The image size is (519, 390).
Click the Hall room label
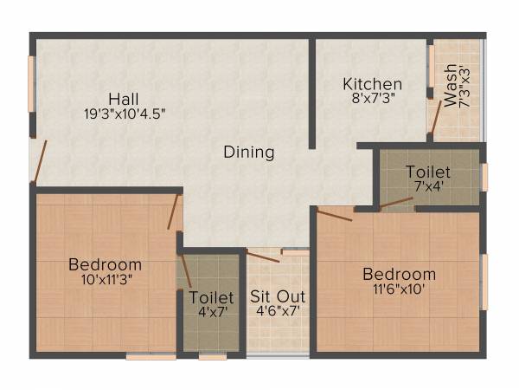125,97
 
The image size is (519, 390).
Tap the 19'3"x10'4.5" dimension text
125,113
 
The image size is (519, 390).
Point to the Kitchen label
373,84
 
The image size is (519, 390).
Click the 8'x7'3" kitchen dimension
373,100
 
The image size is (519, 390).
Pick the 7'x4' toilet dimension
428,187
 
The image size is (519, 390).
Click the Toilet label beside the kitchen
428,172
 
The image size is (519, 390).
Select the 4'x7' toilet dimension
211,311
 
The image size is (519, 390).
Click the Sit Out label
278,296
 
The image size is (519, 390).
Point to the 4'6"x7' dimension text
278,311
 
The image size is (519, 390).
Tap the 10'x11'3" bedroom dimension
106,279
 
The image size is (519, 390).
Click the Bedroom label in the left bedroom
106,263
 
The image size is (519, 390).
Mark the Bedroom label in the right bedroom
399,274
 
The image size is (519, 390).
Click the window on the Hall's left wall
32,84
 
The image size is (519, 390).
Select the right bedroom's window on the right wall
484,282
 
